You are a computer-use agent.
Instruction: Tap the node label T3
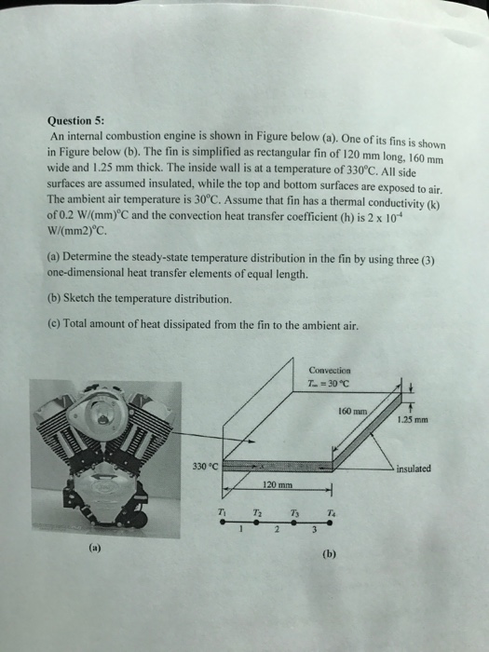tap(294, 512)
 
